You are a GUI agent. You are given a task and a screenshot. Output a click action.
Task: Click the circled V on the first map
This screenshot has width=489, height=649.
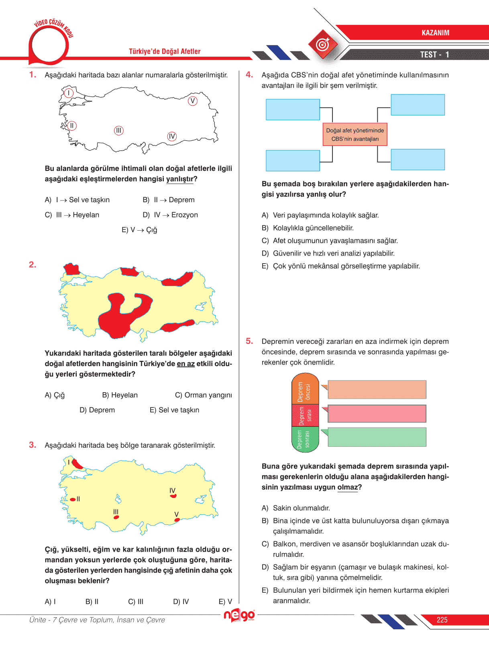[x=193, y=101]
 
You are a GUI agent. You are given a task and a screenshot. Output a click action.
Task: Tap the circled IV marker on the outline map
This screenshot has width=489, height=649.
[x=172, y=137]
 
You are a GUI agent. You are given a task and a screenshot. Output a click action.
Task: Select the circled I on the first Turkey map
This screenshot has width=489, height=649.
[x=69, y=93]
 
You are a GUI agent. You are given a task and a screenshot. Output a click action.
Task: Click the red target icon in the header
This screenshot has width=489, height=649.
[x=323, y=44]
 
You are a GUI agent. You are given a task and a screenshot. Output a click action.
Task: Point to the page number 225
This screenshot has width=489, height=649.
[x=442, y=620]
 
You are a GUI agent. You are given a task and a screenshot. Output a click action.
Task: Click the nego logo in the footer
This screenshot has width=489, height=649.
[x=239, y=615]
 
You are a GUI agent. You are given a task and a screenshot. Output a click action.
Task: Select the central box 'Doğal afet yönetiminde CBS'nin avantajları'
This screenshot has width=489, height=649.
[x=355, y=135]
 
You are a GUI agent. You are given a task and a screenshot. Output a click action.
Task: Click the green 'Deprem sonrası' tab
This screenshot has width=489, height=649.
[x=305, y=439]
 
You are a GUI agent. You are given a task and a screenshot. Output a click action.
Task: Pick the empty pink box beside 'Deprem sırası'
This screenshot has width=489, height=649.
[x=377, y=414]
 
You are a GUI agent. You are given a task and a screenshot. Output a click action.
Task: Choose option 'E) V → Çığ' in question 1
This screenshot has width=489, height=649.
[x=139, y=230]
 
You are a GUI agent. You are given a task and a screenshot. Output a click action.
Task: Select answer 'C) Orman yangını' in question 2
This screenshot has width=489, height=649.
[x=203, y=395]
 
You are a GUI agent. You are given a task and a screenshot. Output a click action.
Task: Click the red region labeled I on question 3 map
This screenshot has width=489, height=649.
[x=77, y=464]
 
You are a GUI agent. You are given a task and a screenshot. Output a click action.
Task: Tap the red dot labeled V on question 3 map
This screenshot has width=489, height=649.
[x=177, y=520]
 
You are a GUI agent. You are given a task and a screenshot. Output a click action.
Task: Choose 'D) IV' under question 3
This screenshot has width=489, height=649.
[x=181, y=602]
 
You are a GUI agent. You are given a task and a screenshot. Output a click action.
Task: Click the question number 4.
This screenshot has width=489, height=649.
[x=249, y=75]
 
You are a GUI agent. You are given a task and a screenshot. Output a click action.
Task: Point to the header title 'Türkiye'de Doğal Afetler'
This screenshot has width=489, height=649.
[x=165, y=51]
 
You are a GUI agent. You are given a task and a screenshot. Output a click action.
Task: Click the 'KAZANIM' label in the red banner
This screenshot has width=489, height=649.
[x=435, y=33]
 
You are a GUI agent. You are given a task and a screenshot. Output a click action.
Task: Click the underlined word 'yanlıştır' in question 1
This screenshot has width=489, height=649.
[x=179, y=179]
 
